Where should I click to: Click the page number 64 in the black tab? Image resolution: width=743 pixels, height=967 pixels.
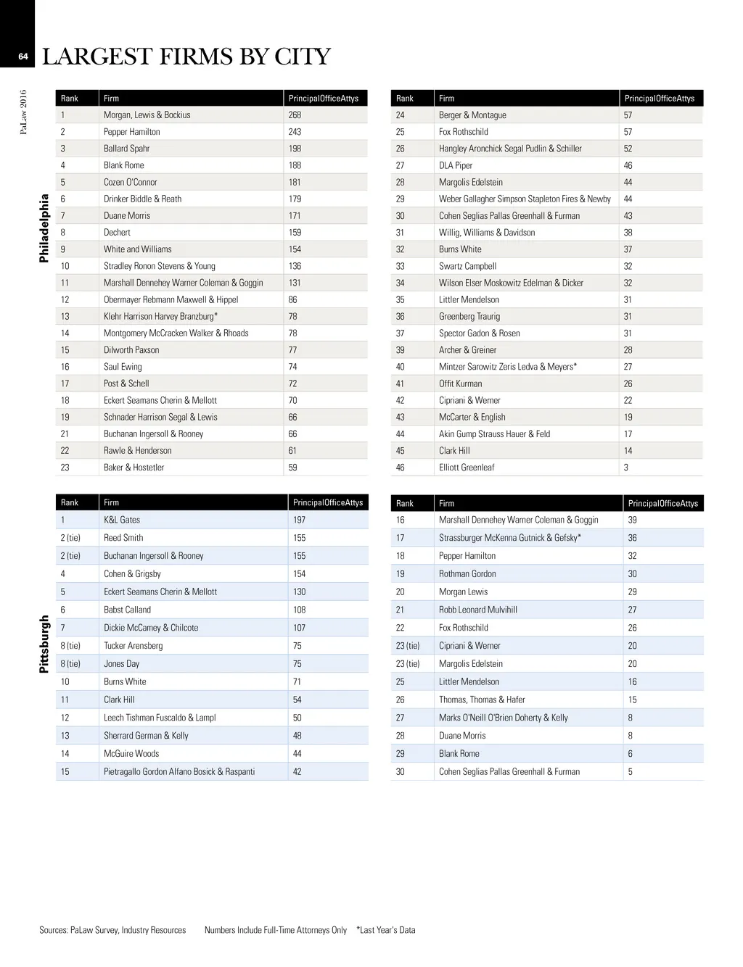[x=22, y=57]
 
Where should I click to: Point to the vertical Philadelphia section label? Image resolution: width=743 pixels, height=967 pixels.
[x=44, y=228]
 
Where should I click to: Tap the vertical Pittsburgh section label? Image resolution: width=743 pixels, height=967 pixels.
[x=44, y=644]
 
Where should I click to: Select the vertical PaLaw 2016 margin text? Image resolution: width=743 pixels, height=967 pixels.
[x=23, y=112]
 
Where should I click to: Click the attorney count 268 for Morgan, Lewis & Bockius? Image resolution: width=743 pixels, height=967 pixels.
[x=295, y=115]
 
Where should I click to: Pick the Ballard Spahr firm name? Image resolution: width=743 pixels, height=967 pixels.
[x=126, y=149]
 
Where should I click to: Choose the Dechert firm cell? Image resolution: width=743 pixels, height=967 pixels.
[x=117, y=233]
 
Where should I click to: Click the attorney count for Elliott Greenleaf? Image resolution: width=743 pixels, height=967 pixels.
[x=626, y=468]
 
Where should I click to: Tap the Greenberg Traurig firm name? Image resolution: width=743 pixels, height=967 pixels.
[x=469, y=317]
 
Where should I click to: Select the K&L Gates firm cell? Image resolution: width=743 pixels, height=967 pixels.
[x=122, y=520]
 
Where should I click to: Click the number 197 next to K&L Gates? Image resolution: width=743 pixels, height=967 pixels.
[x=299, y=520]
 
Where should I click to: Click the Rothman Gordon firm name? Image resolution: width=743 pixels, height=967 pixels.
[x=467, y=574]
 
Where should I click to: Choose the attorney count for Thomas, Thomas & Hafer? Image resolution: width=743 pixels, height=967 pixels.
[x=632, y=700]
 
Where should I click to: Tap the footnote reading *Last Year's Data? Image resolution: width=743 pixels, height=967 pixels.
[x=386, y=930]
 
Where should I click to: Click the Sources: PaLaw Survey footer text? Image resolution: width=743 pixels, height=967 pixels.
[x=112, y=930]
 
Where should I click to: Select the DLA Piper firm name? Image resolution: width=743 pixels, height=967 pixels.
[x=456, y=165]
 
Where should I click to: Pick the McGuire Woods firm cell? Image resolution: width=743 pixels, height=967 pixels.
[x=131, y=754]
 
